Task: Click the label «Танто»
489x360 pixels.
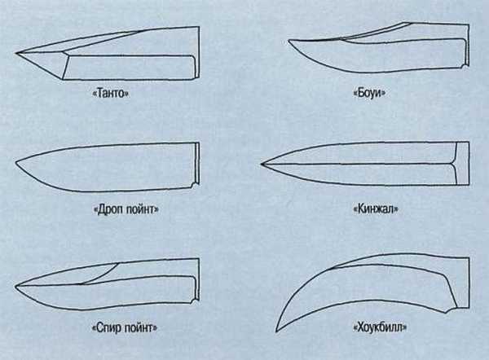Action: (x=111, y=93)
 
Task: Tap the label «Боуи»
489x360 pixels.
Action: (x=369, y=93)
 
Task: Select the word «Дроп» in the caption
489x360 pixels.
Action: (x=109, y=209)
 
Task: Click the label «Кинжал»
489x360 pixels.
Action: (x=376, y=209)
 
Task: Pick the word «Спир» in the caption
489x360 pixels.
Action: (x=108, y=328)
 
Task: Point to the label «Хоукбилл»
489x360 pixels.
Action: (x=380, y=327)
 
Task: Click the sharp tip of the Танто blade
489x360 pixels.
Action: (x=16, y=53)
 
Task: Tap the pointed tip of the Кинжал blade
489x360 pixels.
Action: (x=262, y=164)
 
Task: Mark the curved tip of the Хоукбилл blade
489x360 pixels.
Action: (x=276, y=331)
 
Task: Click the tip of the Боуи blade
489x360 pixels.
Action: (x=289, y=40)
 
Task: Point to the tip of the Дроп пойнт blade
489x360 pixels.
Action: (x=16, y=162)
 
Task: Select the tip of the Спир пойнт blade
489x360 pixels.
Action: (x=16, y=286)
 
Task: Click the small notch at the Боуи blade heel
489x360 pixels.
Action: (x=465, y=66)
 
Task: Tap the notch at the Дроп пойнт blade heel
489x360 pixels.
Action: (x=196, y=185)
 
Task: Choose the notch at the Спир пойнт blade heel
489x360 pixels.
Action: (x=196, y=302)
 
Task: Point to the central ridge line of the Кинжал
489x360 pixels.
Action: (x=359, y=163)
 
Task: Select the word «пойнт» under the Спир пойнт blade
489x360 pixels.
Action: (x=141, y=328)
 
